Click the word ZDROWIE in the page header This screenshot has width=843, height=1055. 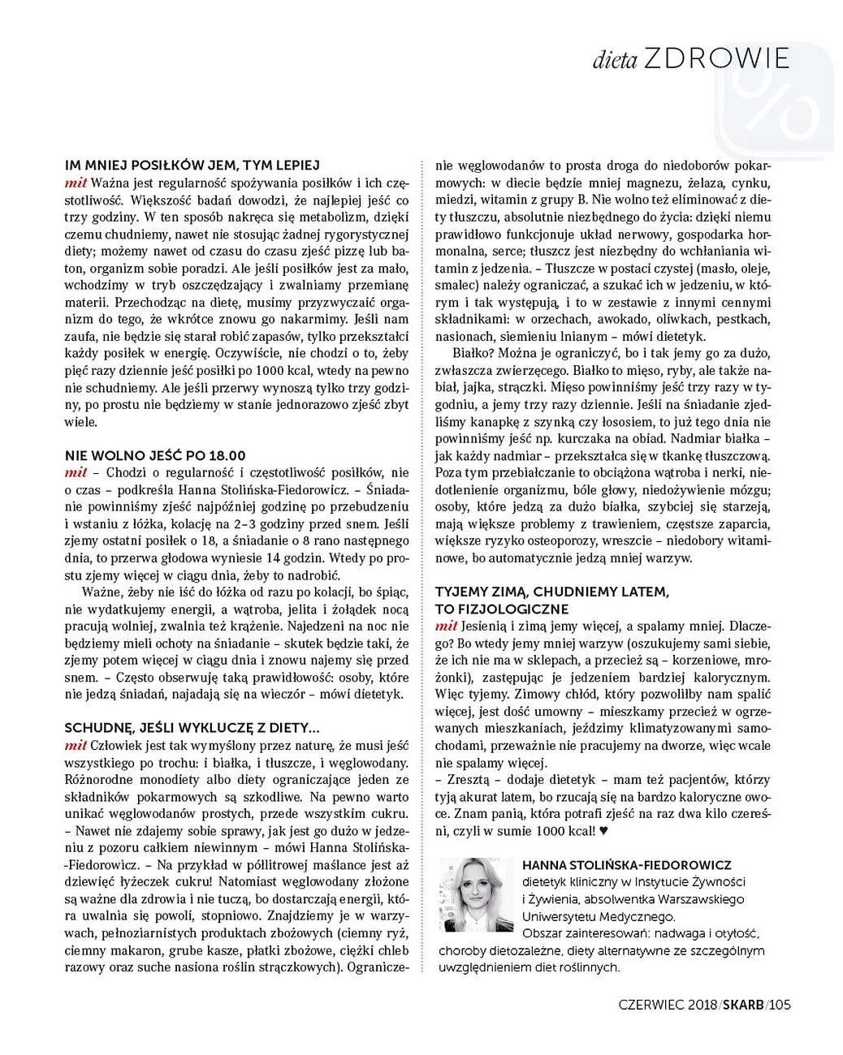click(x=716, y=58)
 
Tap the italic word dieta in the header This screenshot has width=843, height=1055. click(x=614, y=60)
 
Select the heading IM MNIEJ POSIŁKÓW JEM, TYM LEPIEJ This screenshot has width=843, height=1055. click(x=192, y=165)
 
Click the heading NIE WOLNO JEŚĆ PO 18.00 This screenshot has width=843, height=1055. click(x=155, y=455)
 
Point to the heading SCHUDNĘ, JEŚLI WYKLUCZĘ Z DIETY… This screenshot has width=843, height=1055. click(x=186, y=728)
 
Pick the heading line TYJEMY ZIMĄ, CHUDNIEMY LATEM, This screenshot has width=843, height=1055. click(x=552, y=592)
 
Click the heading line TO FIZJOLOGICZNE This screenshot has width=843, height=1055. click(x=502, y=609)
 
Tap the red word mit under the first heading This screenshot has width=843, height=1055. click(x=76, y=183)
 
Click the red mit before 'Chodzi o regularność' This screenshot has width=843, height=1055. click(x=76, y=472)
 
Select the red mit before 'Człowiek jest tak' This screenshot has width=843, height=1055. click(x=76, y=745)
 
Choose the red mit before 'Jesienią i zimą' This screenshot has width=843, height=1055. click(x=446, y=626)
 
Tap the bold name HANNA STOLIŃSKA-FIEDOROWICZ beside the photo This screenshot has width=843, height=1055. click(x=627, y=865)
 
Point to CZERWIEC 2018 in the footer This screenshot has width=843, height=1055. click(x=666, y=1005)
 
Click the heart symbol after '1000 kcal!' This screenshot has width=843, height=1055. click(x=603, y=831)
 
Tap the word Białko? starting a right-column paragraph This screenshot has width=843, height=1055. click(x=471, y=354)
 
